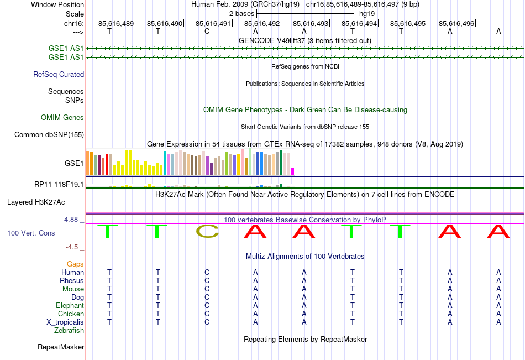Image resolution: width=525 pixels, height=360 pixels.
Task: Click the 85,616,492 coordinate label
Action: point(262,23)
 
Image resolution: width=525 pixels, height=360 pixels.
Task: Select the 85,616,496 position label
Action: point(456,23)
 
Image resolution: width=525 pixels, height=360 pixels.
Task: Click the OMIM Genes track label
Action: point(62,117)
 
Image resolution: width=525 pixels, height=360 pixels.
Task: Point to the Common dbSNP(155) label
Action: point(49,134)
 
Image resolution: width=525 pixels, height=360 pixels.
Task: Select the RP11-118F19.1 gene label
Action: point(59,184)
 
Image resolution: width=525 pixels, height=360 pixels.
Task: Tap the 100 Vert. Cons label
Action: point(31,233)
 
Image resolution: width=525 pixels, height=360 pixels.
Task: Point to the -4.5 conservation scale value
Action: point(73,247)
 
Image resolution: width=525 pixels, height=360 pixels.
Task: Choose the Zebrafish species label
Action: point(69,330)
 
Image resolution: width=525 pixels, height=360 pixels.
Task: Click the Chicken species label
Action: point(71,314)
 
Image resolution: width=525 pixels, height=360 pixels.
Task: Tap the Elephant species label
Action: point(70,305)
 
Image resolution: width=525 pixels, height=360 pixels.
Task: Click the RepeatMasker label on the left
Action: point(61,347)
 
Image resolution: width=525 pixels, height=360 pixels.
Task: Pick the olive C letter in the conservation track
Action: point(207,232)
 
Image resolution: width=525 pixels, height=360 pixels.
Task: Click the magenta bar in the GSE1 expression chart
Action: point(293,171)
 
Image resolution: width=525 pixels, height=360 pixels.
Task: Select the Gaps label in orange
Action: point(75,264)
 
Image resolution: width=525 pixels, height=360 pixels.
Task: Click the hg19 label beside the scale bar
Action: point(366,13)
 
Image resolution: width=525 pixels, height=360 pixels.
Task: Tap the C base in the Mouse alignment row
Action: point(207,289)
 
